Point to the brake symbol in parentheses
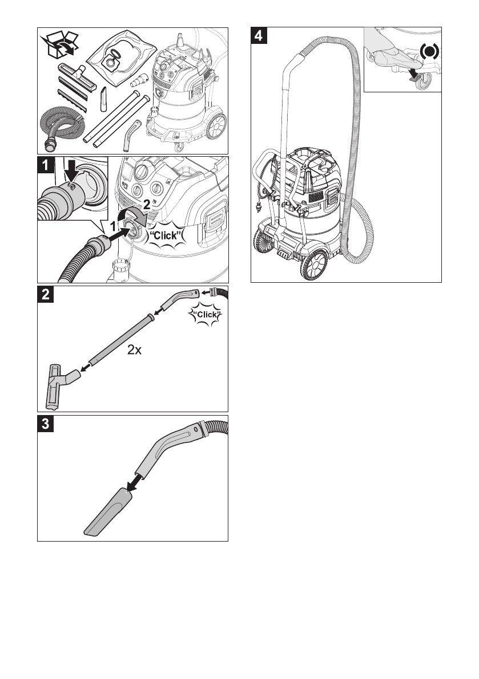coord(429,52)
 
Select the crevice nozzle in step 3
coord(108,513)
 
